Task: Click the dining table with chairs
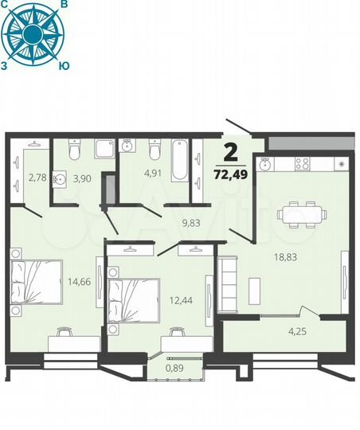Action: (300, 213)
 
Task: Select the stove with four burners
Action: (303, 163)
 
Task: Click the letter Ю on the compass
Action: (64, 68)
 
